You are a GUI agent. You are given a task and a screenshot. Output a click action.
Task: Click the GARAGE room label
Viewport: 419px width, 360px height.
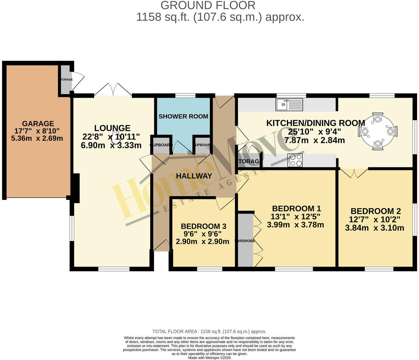(38, 124)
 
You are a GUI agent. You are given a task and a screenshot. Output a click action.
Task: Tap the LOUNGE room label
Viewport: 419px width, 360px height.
(112, 128)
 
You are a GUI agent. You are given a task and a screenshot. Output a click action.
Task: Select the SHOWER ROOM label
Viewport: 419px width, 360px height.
(183, 116)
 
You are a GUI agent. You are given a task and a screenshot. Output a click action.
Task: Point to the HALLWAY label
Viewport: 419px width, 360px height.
(194, 176)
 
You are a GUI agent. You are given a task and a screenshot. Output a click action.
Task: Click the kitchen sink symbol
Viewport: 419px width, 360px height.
(289, 104)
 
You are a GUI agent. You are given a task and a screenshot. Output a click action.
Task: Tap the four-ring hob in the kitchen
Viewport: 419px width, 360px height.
(295, 160)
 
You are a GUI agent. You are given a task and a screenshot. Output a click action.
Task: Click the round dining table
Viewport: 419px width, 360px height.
(378, 131)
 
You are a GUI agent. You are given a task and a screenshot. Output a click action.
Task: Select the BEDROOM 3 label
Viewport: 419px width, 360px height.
(203, 226)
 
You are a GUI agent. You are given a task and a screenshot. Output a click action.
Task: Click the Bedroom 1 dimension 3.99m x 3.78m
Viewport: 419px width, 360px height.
(295, 225)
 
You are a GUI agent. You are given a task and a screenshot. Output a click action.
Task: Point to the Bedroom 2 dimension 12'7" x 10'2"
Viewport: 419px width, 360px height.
(375, 219)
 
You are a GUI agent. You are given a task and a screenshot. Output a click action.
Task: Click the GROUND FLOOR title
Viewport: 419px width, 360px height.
(208, 5)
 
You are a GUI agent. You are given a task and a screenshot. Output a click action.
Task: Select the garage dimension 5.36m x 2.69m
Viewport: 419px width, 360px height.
(37, 138)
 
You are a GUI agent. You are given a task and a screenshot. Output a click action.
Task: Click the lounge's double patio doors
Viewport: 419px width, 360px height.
(113, 90)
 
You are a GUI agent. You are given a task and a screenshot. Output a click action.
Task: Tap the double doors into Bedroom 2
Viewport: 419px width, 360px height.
(354, 172)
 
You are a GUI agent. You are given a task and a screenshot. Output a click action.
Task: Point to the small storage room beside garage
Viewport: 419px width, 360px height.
(65, 80)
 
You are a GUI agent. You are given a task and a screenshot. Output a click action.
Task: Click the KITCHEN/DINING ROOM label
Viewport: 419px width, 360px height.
(316, 123)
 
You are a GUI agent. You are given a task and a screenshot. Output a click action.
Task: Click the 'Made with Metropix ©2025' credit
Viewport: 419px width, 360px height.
(209, 358)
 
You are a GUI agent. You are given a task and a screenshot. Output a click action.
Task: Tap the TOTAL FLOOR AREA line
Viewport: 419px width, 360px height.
(209, 332)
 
